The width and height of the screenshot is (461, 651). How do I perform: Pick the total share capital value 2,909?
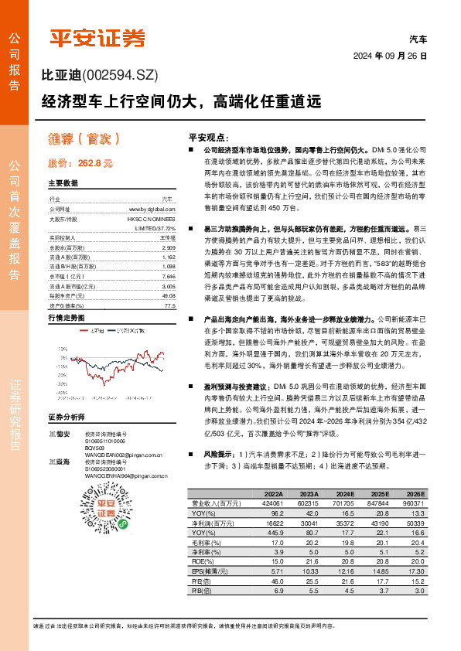pos(168,247)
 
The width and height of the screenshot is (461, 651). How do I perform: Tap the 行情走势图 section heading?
pos(66,318)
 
